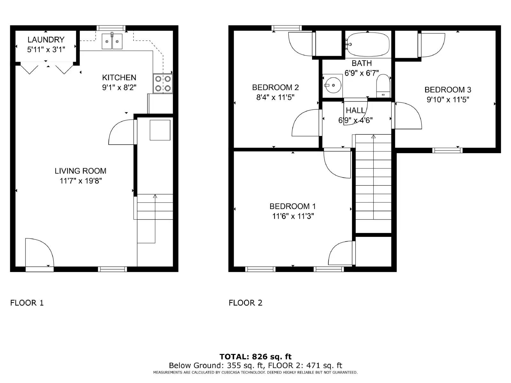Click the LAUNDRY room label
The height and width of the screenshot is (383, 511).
(x=46, y=40)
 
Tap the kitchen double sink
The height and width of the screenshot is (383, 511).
(x=112, y=41)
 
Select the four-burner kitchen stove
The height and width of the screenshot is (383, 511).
(x=163, y=84)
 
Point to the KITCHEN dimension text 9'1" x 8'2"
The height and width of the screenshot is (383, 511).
(x=119, y=88)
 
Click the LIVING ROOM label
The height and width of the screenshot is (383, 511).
(x=80, y=171)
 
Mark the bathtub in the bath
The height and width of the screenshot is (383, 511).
(x=368, y=44)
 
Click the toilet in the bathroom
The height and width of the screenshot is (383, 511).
(x=383, y=86)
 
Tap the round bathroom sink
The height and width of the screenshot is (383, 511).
(x=333, y=85)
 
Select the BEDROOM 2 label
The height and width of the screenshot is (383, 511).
(x=275, y=87)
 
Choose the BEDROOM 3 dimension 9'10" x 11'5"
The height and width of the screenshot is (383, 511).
(x=448, y=100)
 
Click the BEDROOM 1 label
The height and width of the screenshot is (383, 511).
(x=293, y=206)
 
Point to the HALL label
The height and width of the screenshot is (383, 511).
(x=355, y=110)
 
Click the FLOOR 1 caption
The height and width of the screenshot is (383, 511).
(x=27, y=303)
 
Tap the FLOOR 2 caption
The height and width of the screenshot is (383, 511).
(x=246, y=303)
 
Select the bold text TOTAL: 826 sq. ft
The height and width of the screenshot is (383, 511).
(x=256, y=357)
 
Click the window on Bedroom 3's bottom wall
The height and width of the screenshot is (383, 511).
(x=447, y=150)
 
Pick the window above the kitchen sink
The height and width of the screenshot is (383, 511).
(x=111, y=28)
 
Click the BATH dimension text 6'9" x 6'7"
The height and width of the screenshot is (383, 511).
(x=362, y=73)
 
